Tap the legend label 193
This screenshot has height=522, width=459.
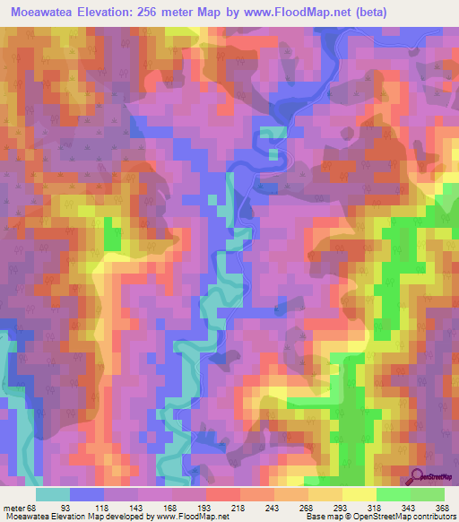click(x=206, y=508)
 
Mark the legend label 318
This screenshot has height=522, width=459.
click(x=376, y=508)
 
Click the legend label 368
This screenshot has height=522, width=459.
click(x=443, y=508)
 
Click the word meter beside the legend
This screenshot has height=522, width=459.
click(x=13, y=508)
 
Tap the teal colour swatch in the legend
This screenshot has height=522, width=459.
click(x=53, y=494)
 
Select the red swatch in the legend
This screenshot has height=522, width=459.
click(x=223, y=494)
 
